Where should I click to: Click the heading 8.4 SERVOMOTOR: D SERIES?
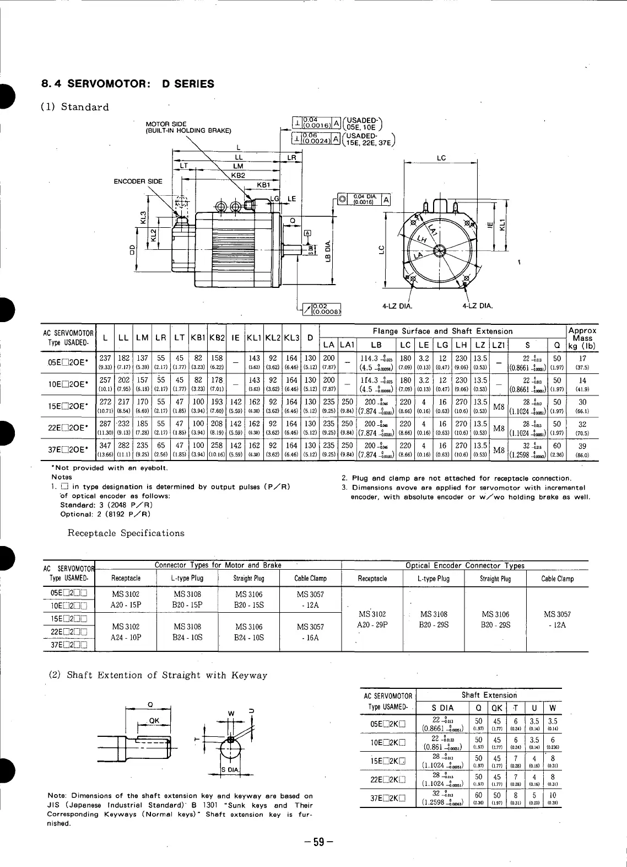click(128, 84)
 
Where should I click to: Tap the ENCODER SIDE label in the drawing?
click(138, 181)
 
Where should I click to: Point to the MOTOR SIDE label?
click(166, 124)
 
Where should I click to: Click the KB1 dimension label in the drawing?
click(264, 185)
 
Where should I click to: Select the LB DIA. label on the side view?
click(329, 251)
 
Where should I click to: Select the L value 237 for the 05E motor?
click(105, 358)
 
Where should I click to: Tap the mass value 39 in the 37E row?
click(582, 446)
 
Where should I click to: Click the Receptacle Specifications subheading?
click(126, 533)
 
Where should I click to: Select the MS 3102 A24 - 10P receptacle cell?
click(126, 632)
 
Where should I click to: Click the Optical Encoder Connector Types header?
click(465, 565)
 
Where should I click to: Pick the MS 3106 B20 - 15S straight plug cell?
click(249, 600)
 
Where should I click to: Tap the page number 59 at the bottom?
click(318, 842)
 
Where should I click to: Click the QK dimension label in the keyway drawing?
click(154, 720)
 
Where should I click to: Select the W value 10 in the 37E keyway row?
click(553, 795)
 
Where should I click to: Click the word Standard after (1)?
click(85, 107)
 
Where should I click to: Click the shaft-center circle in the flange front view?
click(440, 251)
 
